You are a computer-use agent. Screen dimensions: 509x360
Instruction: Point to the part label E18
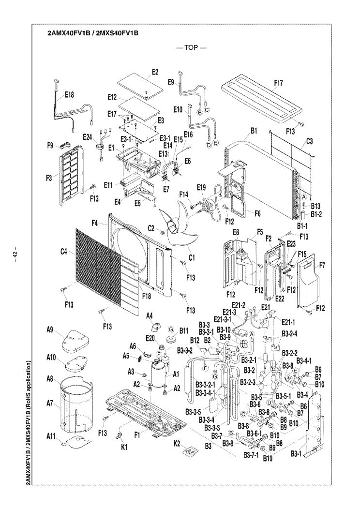click(x=68, y=96)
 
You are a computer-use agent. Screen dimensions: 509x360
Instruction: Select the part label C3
click(x=311, y=142)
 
